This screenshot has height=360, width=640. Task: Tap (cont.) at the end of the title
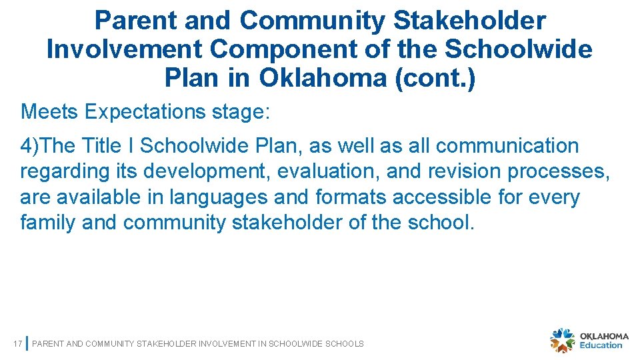(435, 79)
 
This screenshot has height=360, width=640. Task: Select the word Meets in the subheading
(50, 111)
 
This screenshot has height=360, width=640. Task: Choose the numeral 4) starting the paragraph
(30, 145)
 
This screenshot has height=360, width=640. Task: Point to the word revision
(461, 171)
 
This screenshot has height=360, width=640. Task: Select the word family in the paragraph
(47, 223)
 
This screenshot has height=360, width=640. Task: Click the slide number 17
(18, 344)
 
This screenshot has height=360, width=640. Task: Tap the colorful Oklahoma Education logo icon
(563, 340)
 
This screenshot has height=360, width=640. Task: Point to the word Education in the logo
(601, 345)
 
